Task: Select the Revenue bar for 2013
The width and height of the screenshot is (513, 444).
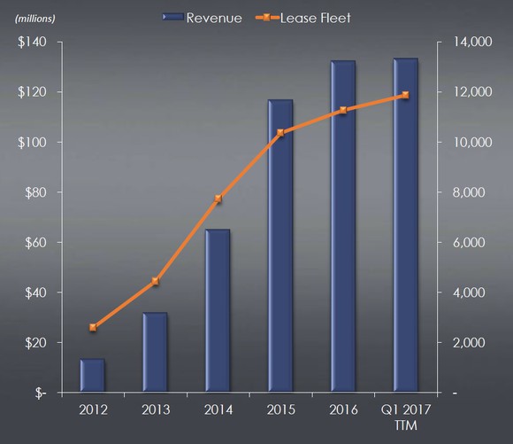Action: (x=155, y=351)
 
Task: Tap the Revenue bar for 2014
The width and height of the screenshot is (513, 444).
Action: (x=218, y=310)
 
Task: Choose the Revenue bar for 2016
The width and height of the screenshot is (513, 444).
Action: (x=342, y=226)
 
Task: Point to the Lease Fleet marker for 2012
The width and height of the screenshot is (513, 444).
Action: (x=93, y=327)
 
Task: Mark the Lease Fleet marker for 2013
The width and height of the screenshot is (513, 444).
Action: (x=155, y=282)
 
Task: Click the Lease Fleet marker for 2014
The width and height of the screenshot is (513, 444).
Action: (x=218, y=199)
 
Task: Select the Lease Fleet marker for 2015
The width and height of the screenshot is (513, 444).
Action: (x=280, y=133)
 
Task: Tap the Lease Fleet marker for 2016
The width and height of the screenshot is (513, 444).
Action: (x=342, y=110)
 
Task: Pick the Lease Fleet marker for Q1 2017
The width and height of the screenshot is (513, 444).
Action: (x=405, y=95)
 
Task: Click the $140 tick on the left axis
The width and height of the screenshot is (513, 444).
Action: (x=34, y=42)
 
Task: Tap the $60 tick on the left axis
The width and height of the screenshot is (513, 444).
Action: (x=36, y=242)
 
